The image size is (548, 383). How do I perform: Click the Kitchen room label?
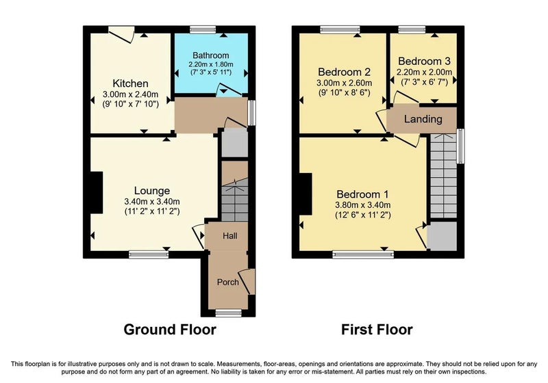130,83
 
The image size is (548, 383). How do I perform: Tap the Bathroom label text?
211,55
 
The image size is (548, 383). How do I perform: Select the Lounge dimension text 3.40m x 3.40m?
152,202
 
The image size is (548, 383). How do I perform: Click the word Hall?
230,236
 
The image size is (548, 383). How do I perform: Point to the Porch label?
228,282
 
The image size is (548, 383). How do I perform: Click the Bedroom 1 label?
363,194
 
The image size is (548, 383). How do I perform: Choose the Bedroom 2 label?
345,72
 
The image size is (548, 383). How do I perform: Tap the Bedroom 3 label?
424,62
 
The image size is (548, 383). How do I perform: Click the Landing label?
423,119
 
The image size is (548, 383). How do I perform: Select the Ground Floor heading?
170,330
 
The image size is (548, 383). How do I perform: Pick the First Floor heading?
377,330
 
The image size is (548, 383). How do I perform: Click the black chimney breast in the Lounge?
97,193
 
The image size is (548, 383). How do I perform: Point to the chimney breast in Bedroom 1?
306,194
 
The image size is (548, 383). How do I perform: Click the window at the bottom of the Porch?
229,313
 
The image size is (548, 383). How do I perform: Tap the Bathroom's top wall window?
203,29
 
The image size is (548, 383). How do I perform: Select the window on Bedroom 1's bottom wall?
363,254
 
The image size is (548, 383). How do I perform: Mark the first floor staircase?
443,176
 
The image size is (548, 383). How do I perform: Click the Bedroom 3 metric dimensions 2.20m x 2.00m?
424,72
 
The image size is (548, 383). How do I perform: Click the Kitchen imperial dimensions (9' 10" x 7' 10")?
130,104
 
